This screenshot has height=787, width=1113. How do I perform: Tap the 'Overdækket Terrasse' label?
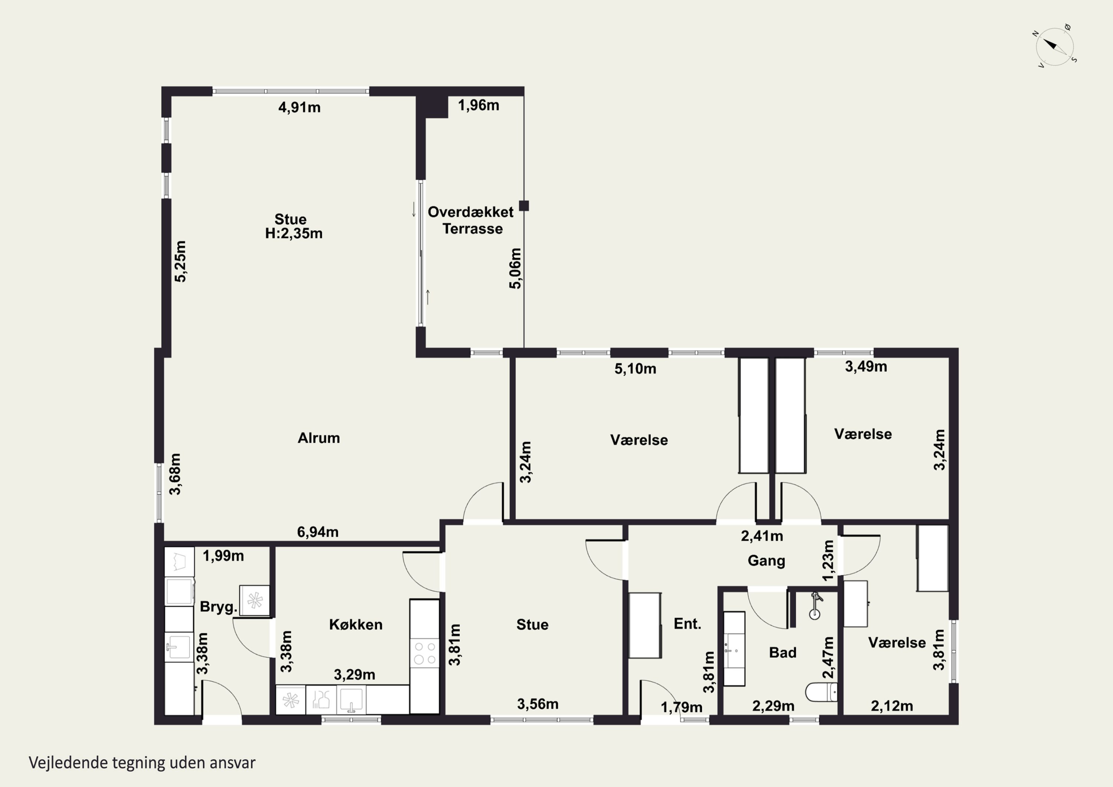pyautogui.click(x=471, y=220)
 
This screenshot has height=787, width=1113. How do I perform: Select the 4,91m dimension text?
pyautogui.click(x=299, y=107)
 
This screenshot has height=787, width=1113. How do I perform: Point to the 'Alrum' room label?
pyautogui.click(x=318, y=438)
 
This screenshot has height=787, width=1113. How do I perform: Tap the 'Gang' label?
pyautogui.click(x=766, y=561)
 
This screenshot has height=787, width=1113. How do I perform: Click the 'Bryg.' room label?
pyautogui.click(x=219, y=607)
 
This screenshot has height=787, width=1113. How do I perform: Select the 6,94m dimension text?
pyautogui.click(x=318, y=532)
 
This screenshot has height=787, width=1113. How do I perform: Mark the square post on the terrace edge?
pyautogui.click(x=523, y=206)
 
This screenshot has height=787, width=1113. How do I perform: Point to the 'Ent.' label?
pyautogui.click(x=687, y=624)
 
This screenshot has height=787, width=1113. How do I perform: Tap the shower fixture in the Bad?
pyautogui.click(x=816, y=606)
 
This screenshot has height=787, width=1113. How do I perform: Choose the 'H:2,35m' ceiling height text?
pyautogui.click(x=294, y=233)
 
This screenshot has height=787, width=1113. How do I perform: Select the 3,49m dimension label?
pyautogui.click(x=866, y=367)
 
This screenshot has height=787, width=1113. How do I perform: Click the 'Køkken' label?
pyautogui.click(x=356, y=624)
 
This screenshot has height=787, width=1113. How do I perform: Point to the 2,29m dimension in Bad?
pyautogui.click(x=773, y=706)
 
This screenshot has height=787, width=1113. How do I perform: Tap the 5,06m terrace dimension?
pyautogui.click(x=515, y=269)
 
